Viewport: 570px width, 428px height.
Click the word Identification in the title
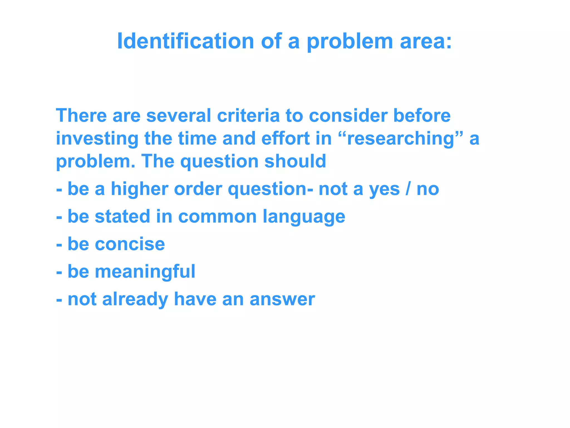tap(185, 41)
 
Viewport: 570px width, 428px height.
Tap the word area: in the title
tap(426, 41)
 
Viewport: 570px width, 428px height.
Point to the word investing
tap(97, 138)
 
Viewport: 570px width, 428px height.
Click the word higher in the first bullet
tap(139, 189)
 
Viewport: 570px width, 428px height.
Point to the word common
tap(217, 216)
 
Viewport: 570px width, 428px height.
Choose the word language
tap(304, 217)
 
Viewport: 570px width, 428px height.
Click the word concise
tap(130, 244)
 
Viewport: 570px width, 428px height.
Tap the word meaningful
tap(145, 271)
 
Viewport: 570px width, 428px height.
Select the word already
tap(135, 299)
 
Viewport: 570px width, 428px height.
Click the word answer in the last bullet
tap(282, 299)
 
